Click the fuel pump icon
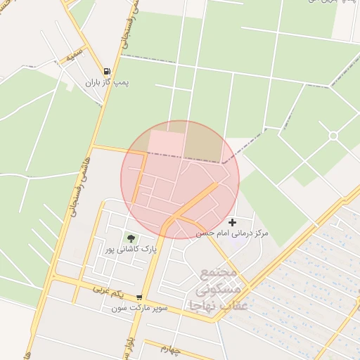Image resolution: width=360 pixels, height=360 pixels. (107, 71)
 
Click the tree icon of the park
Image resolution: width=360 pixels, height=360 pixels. (130, 238)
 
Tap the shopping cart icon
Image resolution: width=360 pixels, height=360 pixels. (139, 297)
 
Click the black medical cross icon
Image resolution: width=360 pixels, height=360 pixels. (232, 222)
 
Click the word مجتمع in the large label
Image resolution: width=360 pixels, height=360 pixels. (221, 274)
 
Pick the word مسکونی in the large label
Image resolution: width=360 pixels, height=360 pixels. (217, 290)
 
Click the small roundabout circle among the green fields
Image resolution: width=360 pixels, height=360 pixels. (333, 135)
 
